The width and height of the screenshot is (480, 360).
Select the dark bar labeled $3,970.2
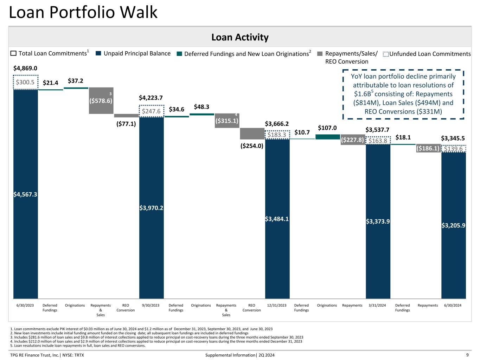click(151, 208)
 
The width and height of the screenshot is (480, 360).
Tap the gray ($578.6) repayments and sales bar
click(101, 101)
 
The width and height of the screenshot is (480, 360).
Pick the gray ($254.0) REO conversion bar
click(252, 134)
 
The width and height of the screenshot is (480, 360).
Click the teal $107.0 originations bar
click(328, 137)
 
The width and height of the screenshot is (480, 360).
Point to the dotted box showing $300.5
click(26, 82)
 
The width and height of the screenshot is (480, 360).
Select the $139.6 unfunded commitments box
click(453, 149)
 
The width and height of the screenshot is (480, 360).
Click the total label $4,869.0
click(25, 68)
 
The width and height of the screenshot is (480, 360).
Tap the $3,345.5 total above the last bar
click(453, 138)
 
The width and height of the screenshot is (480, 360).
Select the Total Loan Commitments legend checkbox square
click(13, 53)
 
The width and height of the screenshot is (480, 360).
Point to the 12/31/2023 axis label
click(277, 305)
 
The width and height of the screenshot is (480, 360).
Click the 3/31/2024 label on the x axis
click(377, 305)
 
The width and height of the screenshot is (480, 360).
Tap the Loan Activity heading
click(240, 37)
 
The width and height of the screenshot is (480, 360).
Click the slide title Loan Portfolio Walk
click(83, 13)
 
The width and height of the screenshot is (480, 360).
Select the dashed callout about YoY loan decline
click(403, 94)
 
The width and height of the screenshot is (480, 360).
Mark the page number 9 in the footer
click(467, 355)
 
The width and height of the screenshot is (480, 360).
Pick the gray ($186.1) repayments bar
click(428, 148)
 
